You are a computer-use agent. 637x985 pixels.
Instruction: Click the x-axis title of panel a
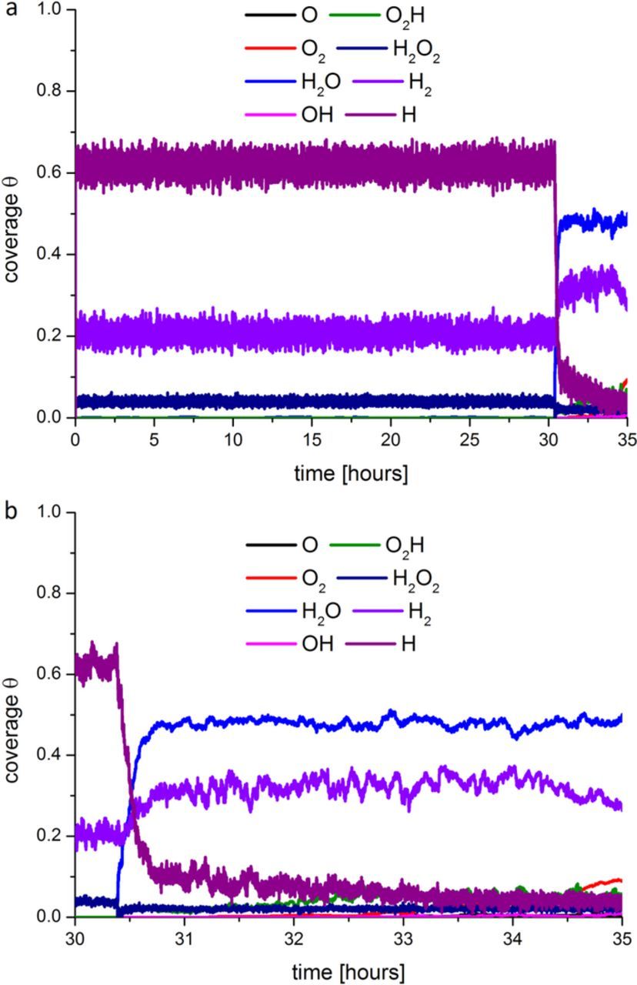[x=351, y=475]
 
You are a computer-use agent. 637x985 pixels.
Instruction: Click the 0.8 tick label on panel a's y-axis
[x=48, y=92]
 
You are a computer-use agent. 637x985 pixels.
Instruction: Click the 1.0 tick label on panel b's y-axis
[x=48, y=513]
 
